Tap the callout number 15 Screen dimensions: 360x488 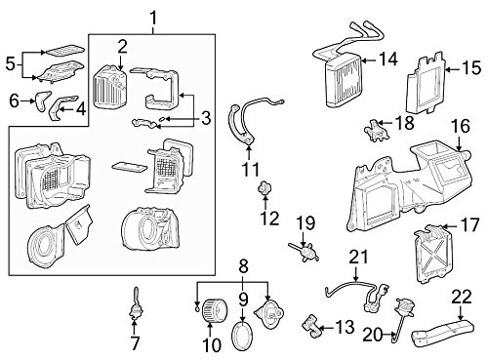coord(470,67)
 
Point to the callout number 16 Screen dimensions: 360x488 coord(460,126)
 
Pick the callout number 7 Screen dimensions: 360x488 coord(135,342)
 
